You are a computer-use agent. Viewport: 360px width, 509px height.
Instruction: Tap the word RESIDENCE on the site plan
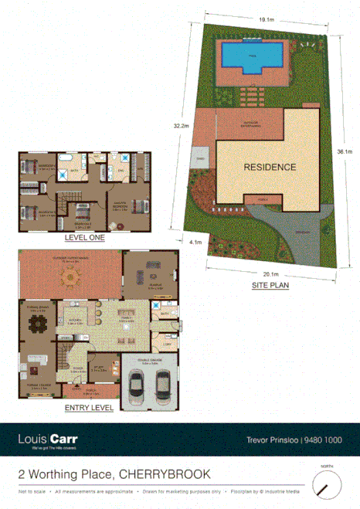coord(270,167)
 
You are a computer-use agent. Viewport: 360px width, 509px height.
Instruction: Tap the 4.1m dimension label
coord(195,243)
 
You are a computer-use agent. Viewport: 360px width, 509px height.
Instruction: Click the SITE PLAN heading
coord(270,285)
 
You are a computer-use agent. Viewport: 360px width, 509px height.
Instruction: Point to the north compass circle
coord(328,485)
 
